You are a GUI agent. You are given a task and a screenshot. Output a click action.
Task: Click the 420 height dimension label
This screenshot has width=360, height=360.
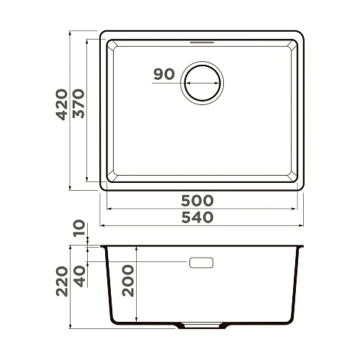tap(62, 104)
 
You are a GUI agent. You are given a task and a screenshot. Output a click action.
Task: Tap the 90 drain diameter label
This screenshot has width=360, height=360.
tap(164, 73)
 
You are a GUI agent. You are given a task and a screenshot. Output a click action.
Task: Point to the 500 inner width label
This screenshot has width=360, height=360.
tap(198, 200)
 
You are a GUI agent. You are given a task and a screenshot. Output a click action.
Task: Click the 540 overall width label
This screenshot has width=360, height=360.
tap(198, 217)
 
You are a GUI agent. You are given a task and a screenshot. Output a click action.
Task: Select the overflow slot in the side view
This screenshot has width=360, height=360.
tap(202, 263)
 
